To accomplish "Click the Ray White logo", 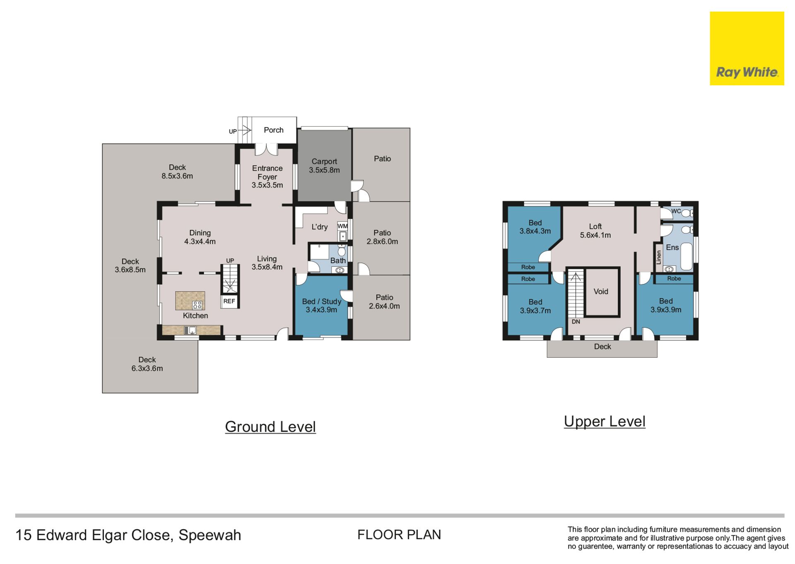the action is pyautogui.click(x=747, y=48).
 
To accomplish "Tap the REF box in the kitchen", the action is pyautogui.click(x=229, y=301).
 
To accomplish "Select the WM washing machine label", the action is pyautogui.click(x=342, y=226).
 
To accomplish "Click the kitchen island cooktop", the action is pyautogui.click(x=197, y=305).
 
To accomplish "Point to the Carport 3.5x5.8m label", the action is pyautogui.click(x=324, y=166).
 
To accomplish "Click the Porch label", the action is pyautogui.click(x=274, y=130).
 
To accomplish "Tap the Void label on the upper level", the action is pyautogui.click(x=601, y=292).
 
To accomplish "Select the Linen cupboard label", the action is pyautogui.click(x=659, y=257).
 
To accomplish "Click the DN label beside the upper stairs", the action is pyautogui.click(x=576, y=322).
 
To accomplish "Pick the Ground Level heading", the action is pyautogui.click(x=270, y=427).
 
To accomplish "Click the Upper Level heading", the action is pyautogui.click(x=605, y=421).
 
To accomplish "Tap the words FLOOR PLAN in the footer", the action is pyautogui.click(x=399, y=535).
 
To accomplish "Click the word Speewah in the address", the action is pyautogui.click(x=210, y=535).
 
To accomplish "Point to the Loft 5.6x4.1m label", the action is pyautogui.click(x=595, y=231).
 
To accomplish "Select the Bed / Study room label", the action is pyautogui.click(x=322, y=306).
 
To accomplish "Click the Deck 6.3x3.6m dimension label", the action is pyautogui.click(x=147, y=369).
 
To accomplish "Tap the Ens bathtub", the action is pyautogui.click(x=687, y=257).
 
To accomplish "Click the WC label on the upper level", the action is pyautogui.click(x=676, y=211).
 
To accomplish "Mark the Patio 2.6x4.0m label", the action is pyautogui.click(x=384, y=302).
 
